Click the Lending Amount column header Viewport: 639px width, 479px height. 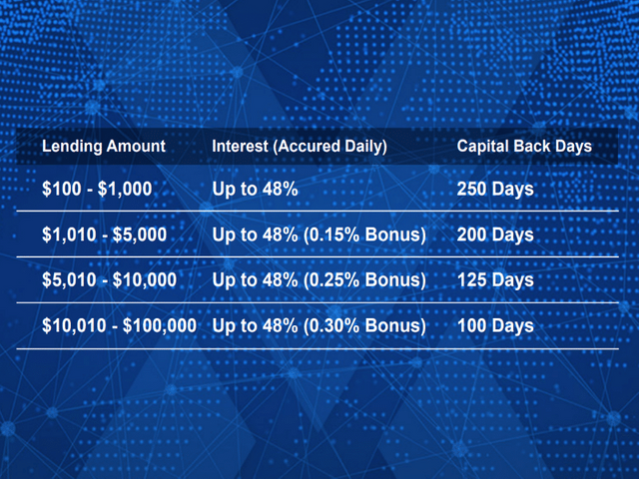click(104, 147)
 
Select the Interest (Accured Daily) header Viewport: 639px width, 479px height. click(300, 147)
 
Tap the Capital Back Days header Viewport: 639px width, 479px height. click(524, 147)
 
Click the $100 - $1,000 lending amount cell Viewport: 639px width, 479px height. click(97, 189)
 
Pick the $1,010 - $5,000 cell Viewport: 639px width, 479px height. click(104, 235)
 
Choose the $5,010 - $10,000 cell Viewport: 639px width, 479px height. click(109, 280)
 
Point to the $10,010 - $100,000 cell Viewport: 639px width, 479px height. click(120, 326)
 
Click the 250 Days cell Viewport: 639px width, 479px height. click(495, 189)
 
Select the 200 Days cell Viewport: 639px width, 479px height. click(495, 235)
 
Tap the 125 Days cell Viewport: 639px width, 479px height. click(495, 280)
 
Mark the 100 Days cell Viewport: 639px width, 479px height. click(495, 326)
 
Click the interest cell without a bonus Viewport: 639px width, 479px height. click(256, 189)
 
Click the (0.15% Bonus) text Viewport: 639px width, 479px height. click(364, 236)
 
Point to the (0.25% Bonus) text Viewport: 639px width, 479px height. click(364, 280)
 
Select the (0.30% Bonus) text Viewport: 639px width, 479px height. click(364, 326)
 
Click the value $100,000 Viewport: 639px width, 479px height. click(160, 326)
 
